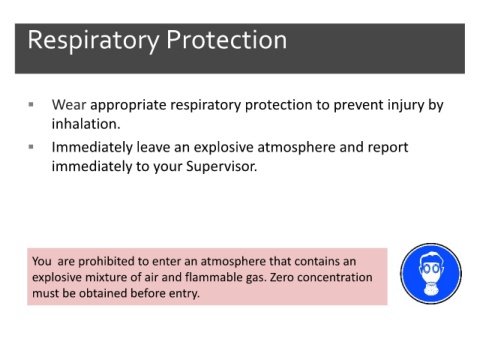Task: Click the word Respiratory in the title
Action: point(93,41)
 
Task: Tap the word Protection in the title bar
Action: point(226,40)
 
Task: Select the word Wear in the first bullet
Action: point(69,105)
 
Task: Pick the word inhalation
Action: point(86,124)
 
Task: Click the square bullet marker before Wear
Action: point(31,105)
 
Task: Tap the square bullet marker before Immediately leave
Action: point(31,147)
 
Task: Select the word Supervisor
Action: point(221,166)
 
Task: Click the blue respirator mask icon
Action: point(431,273)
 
